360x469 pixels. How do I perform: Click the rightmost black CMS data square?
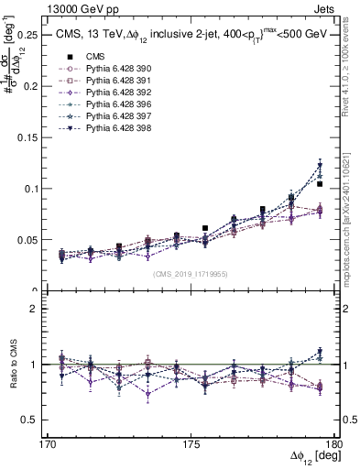tap(320, 184)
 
